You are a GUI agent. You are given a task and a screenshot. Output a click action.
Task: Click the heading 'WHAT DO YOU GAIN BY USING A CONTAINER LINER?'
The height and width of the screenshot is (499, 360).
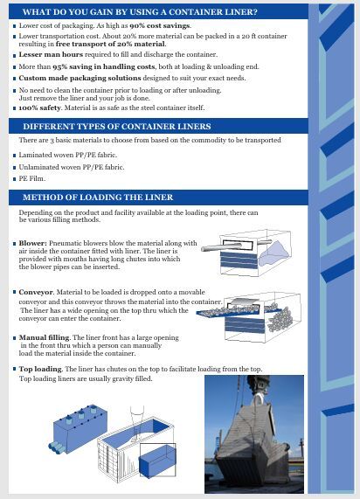[140, 12]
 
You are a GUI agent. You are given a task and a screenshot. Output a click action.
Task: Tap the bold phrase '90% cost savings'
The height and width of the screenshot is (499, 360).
[160, 25]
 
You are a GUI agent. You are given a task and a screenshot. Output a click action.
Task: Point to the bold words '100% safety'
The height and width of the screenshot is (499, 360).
[40, 107]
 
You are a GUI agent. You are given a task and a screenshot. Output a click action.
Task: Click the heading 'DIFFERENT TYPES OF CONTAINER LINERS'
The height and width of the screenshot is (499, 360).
[117, 127]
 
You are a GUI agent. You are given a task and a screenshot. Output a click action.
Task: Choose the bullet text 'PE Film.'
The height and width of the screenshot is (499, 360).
[31, 178]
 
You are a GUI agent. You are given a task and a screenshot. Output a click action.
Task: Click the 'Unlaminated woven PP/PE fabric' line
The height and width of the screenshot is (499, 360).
[72, 167]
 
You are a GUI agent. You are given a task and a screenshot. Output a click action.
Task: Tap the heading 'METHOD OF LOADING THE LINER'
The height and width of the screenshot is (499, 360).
[98, 198]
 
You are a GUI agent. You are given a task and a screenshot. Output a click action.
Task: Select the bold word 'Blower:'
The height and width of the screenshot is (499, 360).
[33, 243]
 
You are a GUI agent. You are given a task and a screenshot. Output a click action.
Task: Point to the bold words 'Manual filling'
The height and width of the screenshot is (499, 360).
[45, 337]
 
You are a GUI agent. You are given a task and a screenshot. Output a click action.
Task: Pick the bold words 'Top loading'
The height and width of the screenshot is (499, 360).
[40, 369]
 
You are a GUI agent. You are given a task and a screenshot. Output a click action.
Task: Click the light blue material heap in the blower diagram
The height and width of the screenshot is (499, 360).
[273, 253]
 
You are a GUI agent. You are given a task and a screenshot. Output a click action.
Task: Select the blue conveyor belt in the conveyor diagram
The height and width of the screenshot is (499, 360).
[239, 311]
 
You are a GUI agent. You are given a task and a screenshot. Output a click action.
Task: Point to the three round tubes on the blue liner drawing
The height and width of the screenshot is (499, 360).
[57, 447]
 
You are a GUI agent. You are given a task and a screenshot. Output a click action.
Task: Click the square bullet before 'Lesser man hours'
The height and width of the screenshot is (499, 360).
[15, 56]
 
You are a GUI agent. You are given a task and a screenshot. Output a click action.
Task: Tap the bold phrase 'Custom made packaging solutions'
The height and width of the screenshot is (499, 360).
[80, 79]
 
